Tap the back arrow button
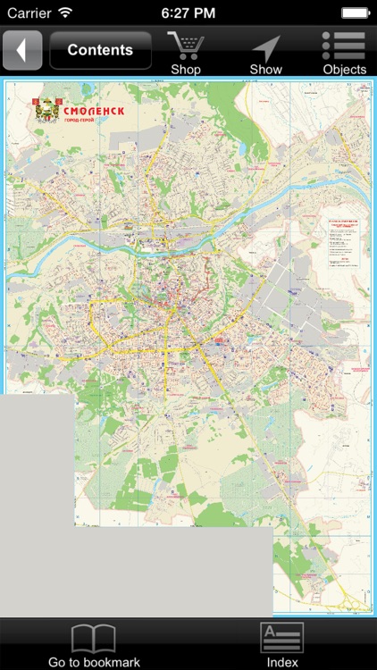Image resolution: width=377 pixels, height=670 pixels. [x=22, y=50]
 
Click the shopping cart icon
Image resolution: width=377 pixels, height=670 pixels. [x=186, y=45]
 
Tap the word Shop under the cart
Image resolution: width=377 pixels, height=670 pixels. [x=186, y=70]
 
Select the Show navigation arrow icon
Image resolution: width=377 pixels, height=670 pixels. [x=265, y=47]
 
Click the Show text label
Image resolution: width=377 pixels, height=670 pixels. [x=265, y=70]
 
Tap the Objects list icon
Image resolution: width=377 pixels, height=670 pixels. [x=344, y=45]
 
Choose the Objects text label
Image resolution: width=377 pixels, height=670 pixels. [x=344, y=70]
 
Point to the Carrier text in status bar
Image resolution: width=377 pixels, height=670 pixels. [x=29, y=13]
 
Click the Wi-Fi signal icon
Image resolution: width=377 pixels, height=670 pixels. [x=65, y=13]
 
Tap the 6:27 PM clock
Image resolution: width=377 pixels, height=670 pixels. [x=188, y=13]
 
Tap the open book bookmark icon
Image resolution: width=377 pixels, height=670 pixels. [x=94, y=638]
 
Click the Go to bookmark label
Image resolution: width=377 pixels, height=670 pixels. [x=94, y=662]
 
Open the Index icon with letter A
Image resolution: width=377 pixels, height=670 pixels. [x=282, y=638]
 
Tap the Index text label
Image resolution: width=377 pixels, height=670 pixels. [x=282, y=662]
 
